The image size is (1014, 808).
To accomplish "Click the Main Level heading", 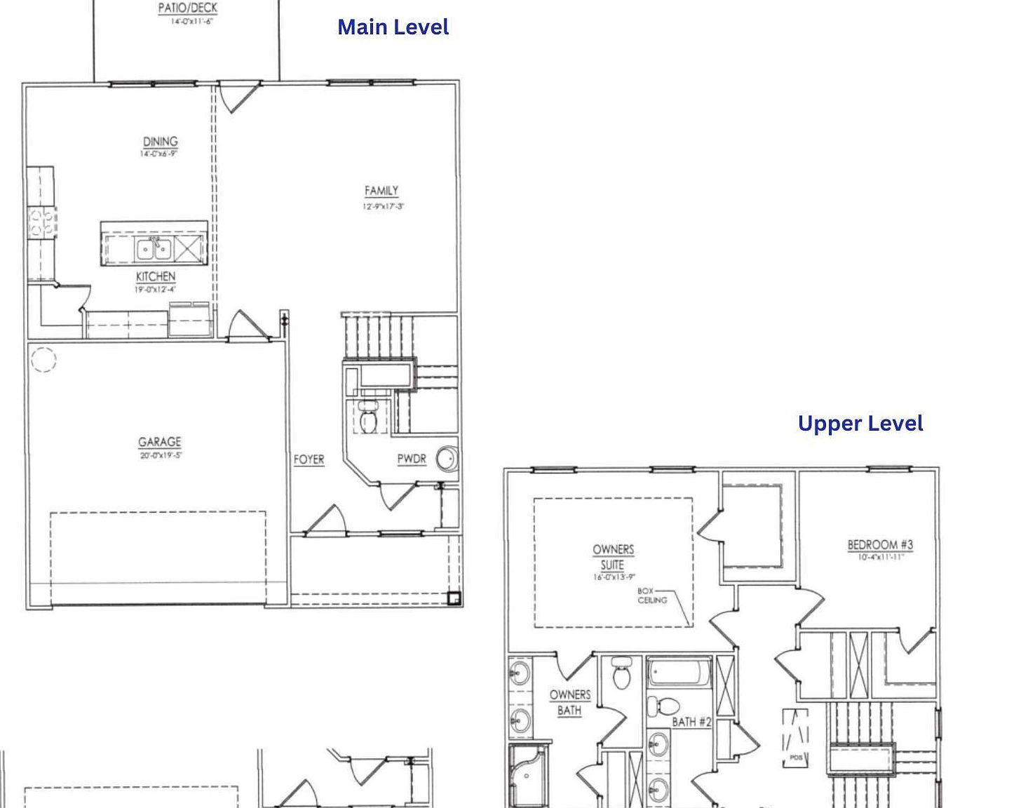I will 393,27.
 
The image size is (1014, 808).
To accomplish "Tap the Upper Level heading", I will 860,424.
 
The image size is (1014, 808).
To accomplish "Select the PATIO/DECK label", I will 187,8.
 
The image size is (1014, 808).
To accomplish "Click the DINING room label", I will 161,142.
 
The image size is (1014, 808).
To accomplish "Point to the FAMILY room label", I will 381,191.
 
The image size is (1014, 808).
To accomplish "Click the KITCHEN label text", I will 156,276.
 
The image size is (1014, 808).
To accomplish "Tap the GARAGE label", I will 159,442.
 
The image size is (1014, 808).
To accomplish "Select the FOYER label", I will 309,459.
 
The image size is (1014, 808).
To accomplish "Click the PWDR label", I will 412,459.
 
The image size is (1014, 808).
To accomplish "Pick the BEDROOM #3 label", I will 880,544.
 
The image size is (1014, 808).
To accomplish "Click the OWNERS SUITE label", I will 613,557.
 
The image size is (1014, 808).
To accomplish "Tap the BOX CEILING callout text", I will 651,595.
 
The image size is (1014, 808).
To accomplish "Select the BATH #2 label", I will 691,722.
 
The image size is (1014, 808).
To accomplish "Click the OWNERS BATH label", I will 569,702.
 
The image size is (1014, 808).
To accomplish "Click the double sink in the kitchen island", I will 154,248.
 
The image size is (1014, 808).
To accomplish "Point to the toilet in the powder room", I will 368,418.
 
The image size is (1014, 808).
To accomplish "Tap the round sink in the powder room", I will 447,459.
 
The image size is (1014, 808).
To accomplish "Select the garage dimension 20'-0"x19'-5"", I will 161,455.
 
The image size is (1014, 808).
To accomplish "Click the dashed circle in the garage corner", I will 43,360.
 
